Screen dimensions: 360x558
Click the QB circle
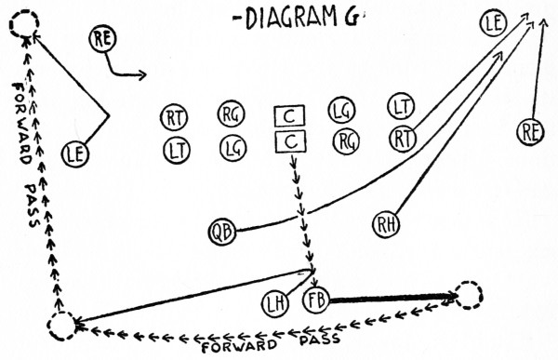point(222,231)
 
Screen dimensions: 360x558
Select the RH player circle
point(386,224)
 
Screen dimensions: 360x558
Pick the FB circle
point(316,301)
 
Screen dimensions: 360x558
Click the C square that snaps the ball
point(290,142)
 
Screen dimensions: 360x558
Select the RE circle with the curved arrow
point(104,40)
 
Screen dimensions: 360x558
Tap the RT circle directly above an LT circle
point(174,118)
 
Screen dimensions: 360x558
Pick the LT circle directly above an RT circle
point(401,106)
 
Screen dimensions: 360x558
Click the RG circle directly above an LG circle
point(232,115)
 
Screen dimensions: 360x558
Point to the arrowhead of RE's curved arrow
point(142,73)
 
